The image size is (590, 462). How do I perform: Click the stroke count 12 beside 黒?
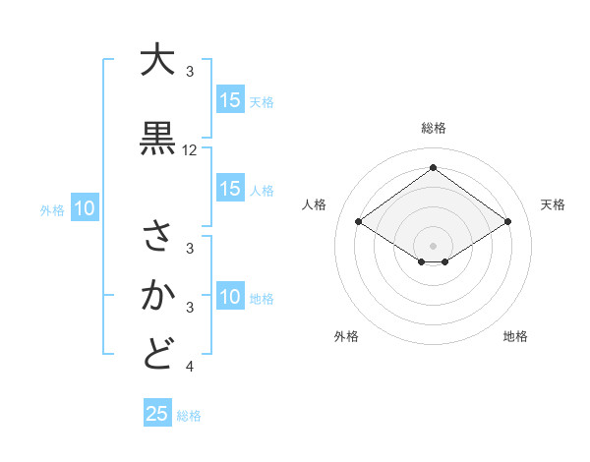(x=190, y=150)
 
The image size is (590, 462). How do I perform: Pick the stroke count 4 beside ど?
(x=190, y=367)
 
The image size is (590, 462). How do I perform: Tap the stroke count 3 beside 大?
(x=190, y=72)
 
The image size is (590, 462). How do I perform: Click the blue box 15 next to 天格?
(x=230, y=100)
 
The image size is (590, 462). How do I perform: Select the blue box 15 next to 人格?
(x=230, y=189)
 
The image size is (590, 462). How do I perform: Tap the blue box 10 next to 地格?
(x=230, y=297)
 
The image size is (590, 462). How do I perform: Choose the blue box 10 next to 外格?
(x=85, y=208)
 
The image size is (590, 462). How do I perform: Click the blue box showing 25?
(x=157, y=414)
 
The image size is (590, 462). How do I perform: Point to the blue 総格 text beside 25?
(x=190, y=416)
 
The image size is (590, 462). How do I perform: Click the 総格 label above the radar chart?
(x=434, y=128)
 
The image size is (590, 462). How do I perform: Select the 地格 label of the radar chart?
(x=515, y=336)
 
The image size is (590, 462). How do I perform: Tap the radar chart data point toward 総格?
(x=433, y=167)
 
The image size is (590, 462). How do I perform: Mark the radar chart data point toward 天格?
(x=507, y=222)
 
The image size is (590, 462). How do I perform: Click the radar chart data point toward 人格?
(x=359, y=222)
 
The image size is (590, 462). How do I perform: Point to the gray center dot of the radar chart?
(x=433, y=245)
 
